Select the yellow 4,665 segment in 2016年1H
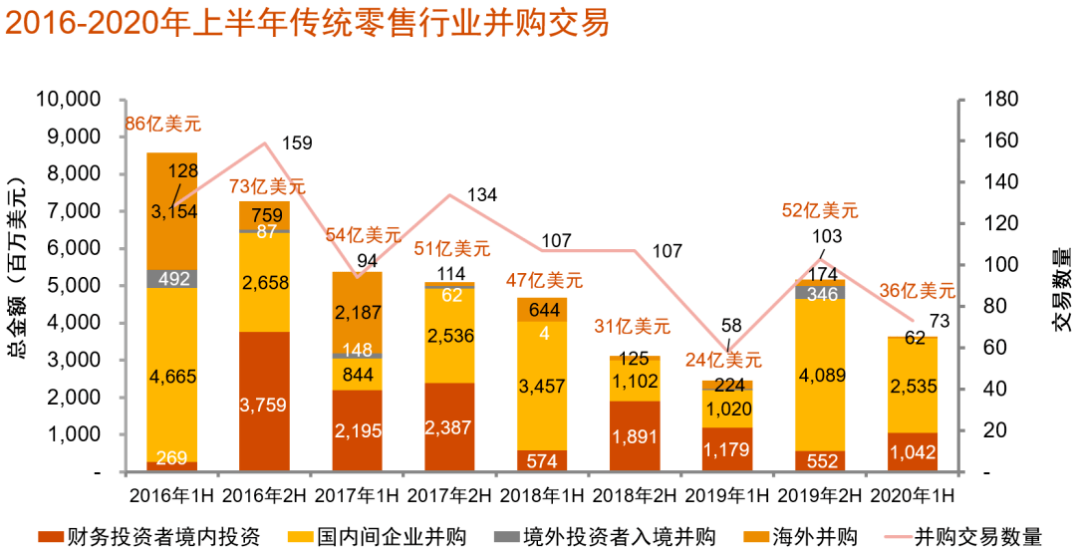tap(172, 375)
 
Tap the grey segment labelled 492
tap(172, 279)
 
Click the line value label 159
tap(297, 143)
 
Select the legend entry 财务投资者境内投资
tap(148, 536)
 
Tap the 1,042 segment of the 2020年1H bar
tap(912, 452)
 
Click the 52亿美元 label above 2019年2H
tap(820, 210)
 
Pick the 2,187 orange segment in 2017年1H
tap(357, 313)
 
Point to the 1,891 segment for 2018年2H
tap(635, 436)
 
